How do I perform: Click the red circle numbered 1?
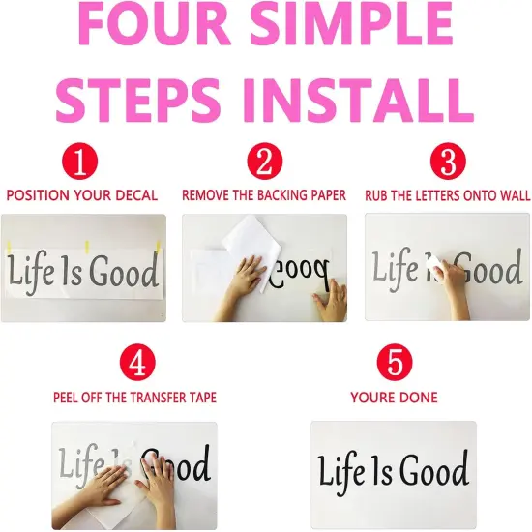pos(79,162)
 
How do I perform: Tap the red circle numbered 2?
pos(265,162)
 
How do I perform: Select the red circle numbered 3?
pos(448,162)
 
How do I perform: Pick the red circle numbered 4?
pos(137,362)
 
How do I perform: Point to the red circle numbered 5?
pos(395,362)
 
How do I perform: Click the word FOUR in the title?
pos(150,24)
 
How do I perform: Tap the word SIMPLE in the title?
pos(351,24)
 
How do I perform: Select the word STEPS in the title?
pos(138,100)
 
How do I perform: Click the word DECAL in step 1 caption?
pos(136,195)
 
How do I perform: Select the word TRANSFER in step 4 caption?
pos(164,398)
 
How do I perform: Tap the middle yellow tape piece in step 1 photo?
pos(87,248)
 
